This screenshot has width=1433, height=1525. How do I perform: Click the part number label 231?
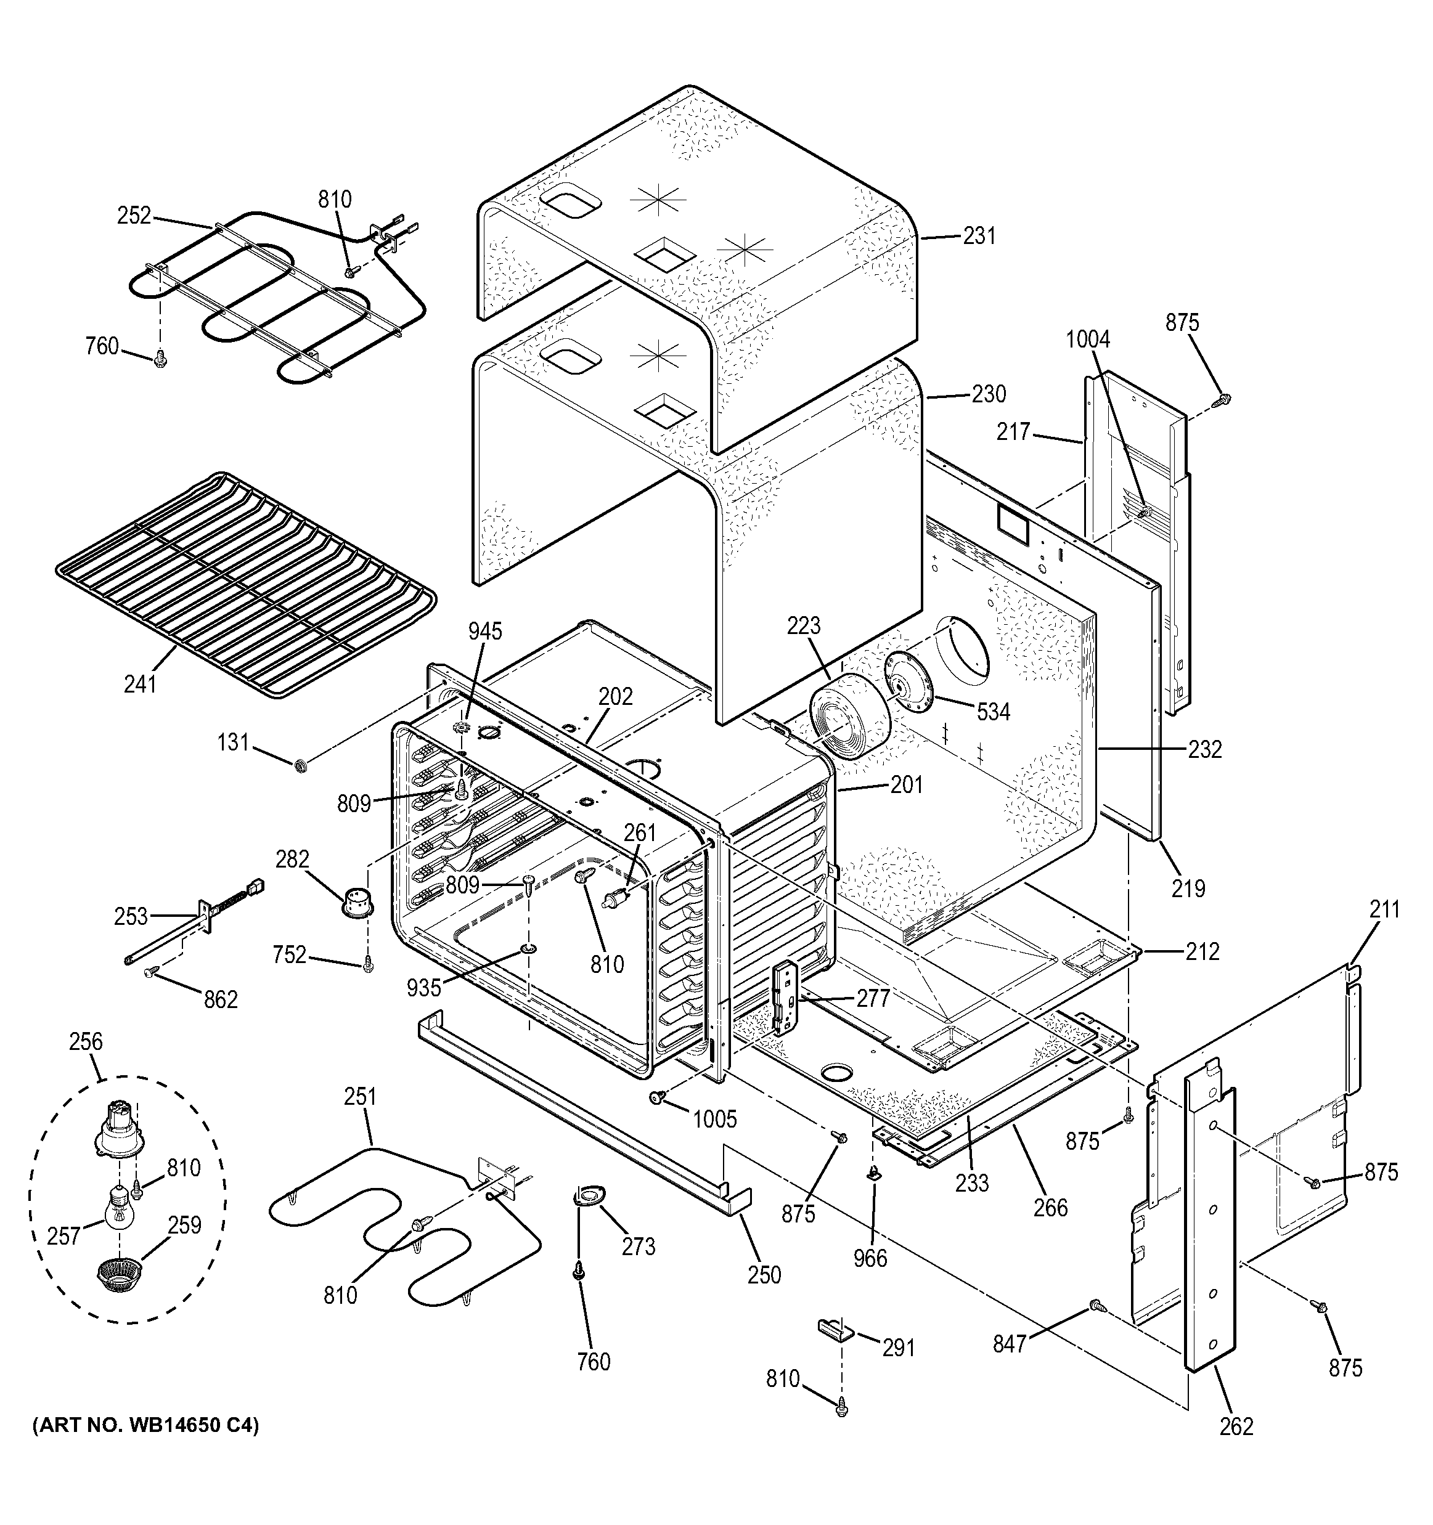[x=979, y=236]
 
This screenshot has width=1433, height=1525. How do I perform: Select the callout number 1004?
[x=1088, y=339]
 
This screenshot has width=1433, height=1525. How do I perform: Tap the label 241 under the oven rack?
[x=140, y=683]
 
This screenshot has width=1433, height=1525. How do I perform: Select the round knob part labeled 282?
[x=357, y=901]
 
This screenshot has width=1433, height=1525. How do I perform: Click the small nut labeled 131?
[x=301, y=765]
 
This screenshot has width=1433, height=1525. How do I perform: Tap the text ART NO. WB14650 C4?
[x=145, y=1426]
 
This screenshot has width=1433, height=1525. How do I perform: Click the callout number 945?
[x=485, y=632]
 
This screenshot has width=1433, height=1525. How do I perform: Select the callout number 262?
[x=1236, y=1427]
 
